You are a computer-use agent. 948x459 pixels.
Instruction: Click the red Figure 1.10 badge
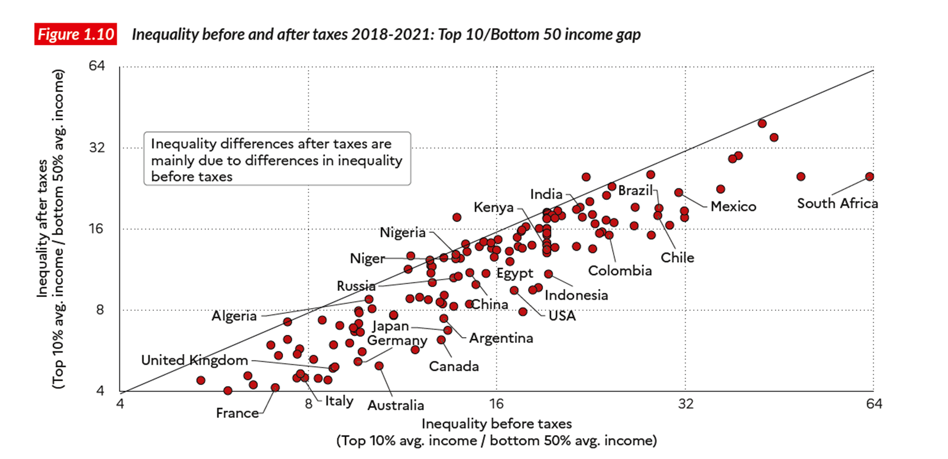point(75,34)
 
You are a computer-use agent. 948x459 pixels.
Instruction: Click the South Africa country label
point(837,203)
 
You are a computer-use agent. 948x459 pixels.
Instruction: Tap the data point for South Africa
point(869,177)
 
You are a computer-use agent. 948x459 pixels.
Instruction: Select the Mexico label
point(733,206)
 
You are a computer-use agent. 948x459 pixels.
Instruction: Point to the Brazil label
point(635,191)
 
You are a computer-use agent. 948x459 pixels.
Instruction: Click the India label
point(546,194)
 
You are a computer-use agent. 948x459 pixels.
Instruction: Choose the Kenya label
point(494,207)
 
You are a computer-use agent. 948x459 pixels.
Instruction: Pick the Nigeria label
point(402,233)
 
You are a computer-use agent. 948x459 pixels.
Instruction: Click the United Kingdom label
point(194,360)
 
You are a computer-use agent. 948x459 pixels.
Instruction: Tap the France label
point(237,413)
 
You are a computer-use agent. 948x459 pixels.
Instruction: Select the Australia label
point(396,406)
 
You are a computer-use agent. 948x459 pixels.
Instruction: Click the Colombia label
point(620,271)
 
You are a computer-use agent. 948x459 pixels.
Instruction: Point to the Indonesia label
point(576,295)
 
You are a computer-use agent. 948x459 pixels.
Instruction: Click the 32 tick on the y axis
point(96,148)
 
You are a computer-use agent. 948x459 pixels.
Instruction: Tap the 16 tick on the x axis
point(496,404)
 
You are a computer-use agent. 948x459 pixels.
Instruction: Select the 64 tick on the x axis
point(874,404)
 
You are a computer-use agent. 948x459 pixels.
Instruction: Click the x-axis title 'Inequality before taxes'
point(496,424)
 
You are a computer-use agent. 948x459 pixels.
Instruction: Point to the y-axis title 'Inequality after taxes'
point(42,229)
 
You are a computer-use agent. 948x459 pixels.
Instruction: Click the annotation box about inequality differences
point(277,159)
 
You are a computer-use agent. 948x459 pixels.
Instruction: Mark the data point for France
point(275,387)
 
